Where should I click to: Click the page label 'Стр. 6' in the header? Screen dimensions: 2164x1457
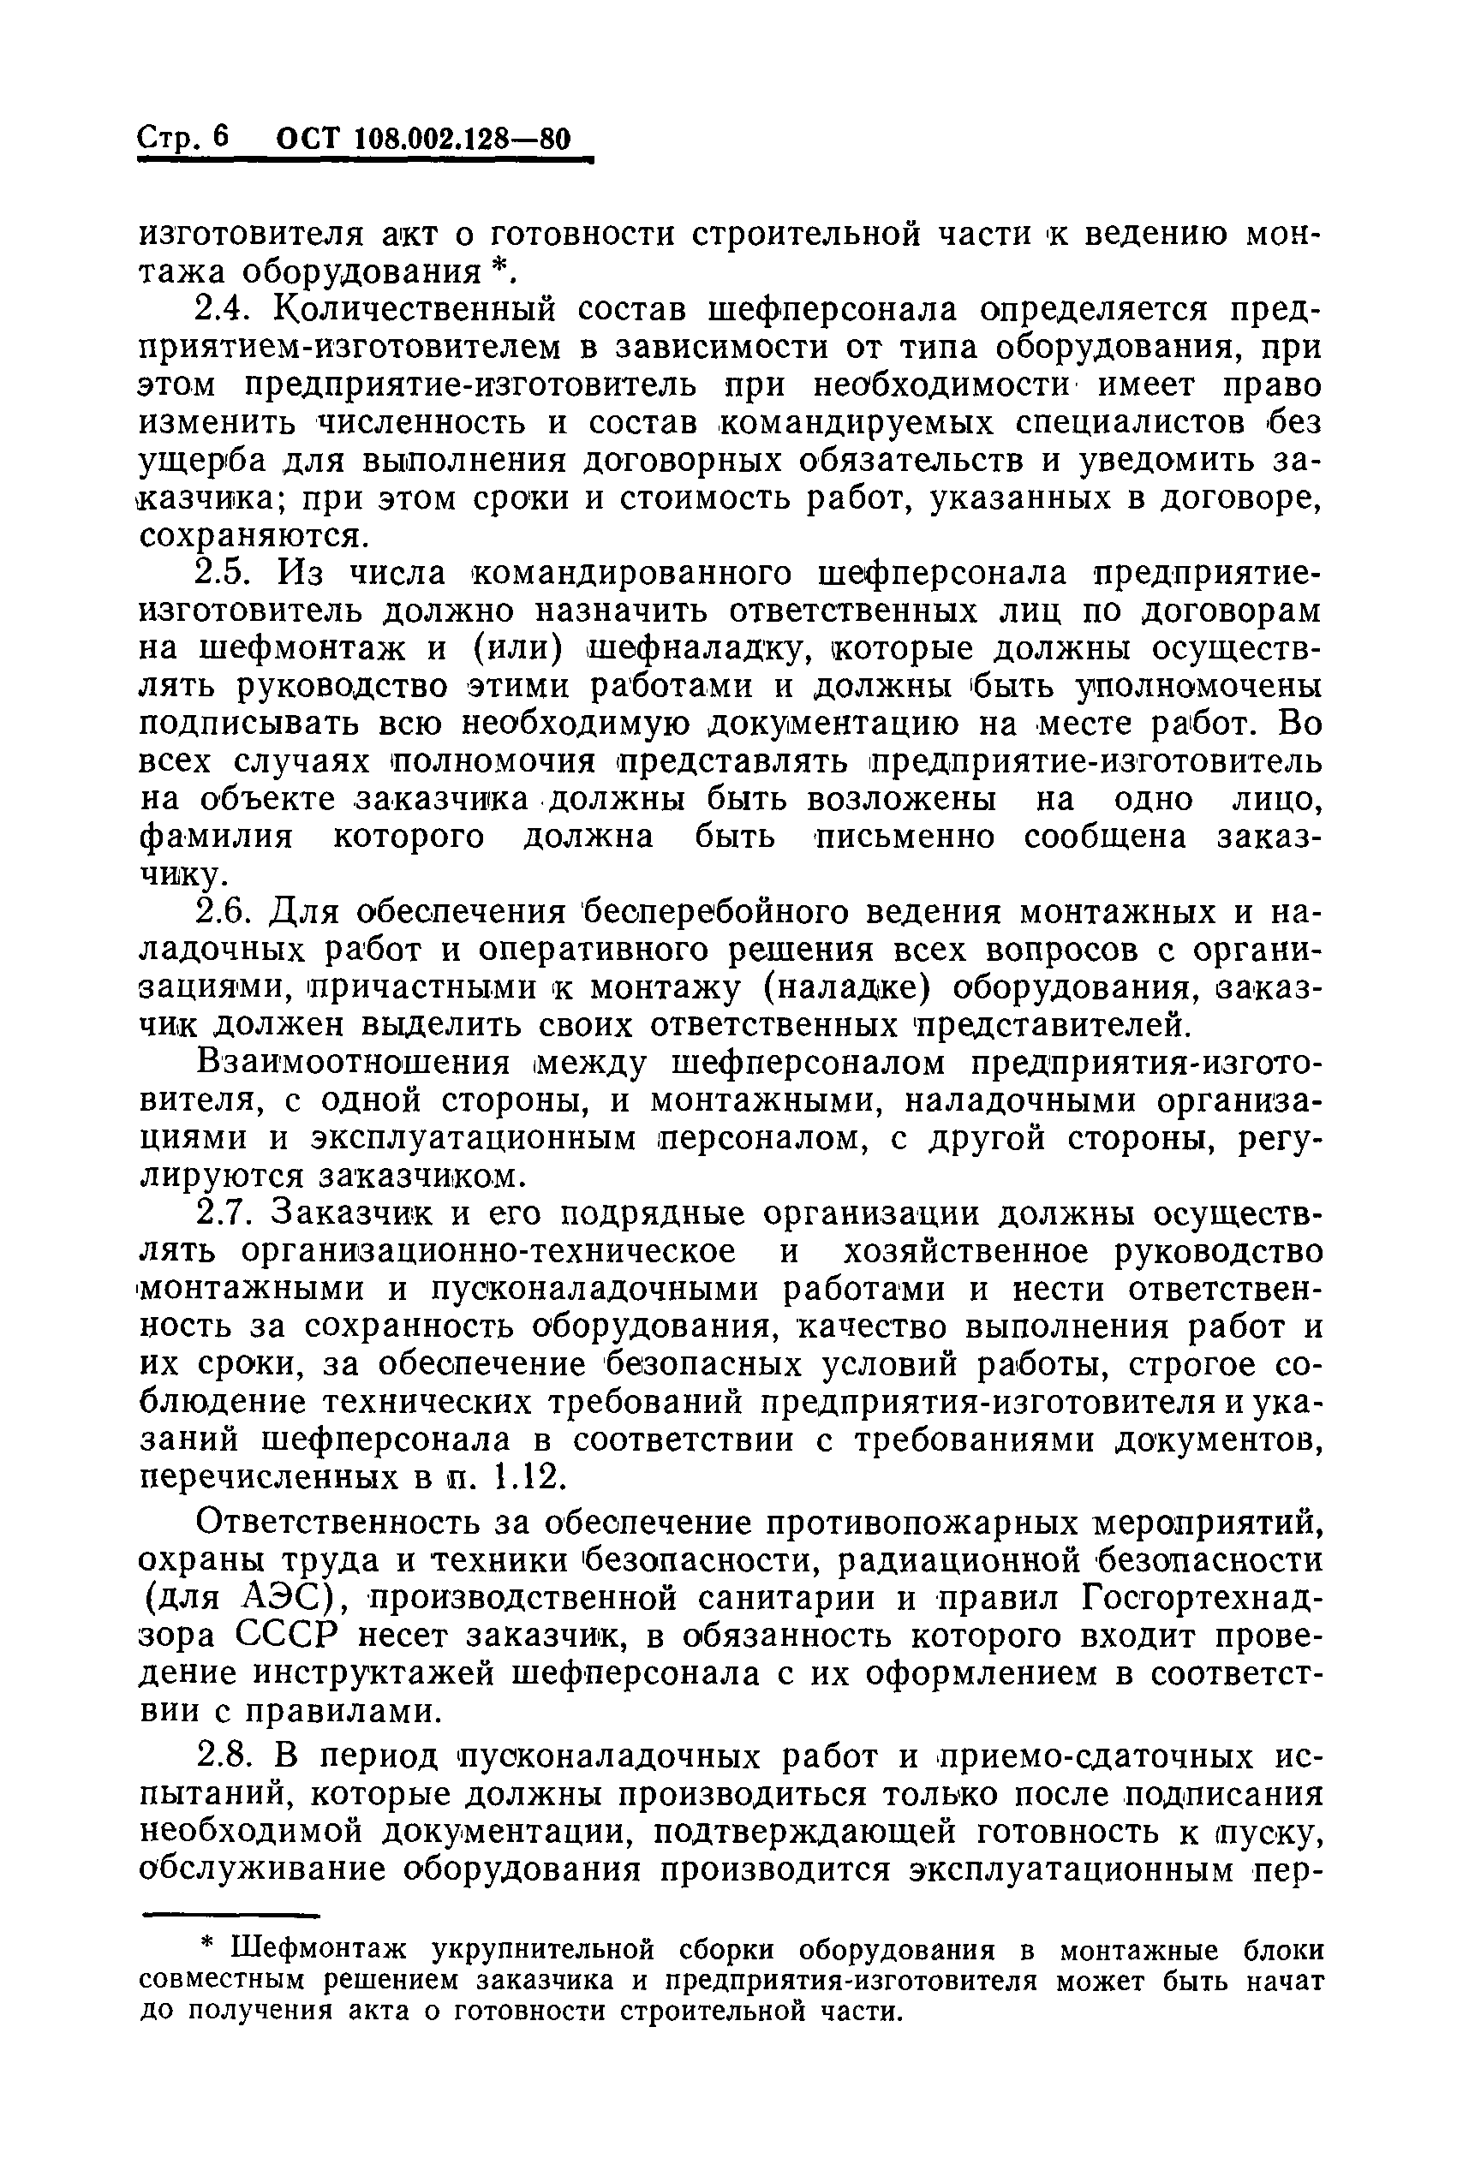point(183,138)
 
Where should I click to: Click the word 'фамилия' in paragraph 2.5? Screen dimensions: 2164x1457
point(216,837)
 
